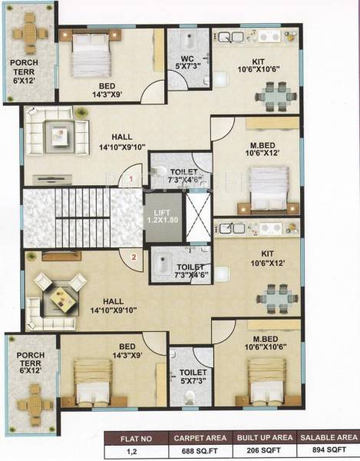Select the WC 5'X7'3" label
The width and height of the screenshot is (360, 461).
187,61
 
